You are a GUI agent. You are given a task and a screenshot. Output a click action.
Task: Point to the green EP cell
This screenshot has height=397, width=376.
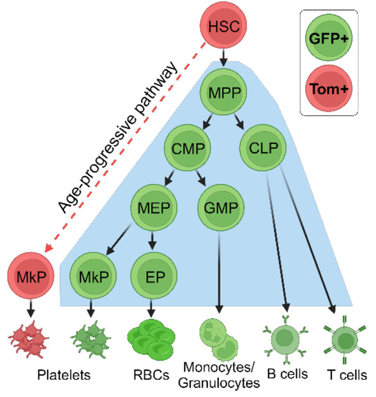152,273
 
